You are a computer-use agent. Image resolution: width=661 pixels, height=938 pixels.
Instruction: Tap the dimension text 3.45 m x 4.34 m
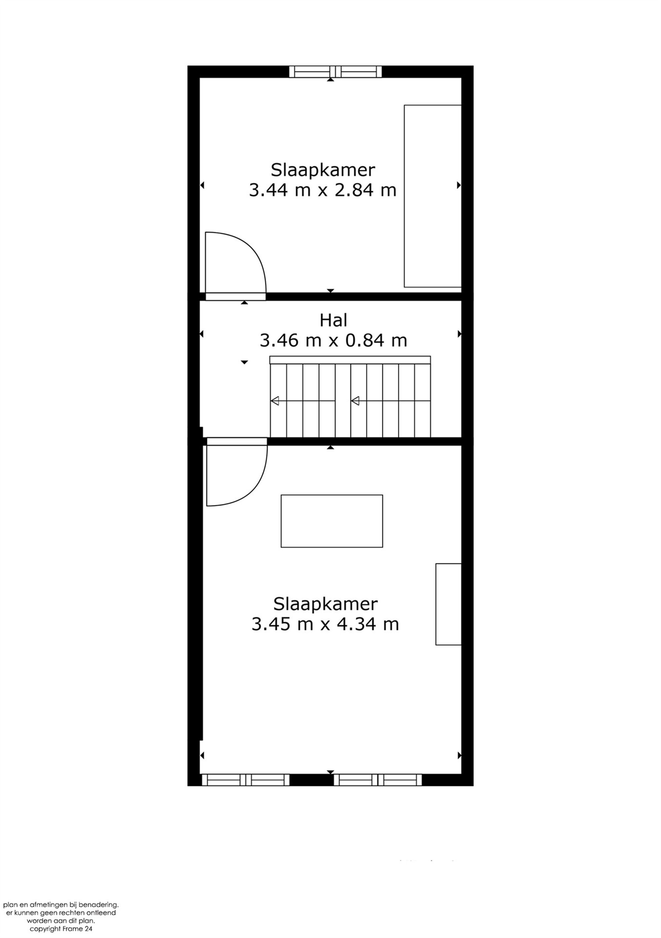325,624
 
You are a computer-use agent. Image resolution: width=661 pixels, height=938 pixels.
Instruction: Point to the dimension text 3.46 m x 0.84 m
333,340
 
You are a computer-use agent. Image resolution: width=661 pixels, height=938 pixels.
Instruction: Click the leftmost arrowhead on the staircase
275,401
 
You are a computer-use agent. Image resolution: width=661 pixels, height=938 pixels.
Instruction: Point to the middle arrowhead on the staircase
355,401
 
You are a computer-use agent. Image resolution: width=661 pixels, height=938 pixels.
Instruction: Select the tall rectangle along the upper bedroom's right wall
432,196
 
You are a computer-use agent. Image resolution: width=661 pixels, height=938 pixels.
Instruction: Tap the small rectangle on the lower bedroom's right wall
448,604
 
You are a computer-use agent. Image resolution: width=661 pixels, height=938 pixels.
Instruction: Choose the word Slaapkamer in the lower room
325,604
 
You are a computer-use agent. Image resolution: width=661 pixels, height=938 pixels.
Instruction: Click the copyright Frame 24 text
61,929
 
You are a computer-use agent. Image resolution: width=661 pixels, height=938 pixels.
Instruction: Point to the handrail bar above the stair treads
350,360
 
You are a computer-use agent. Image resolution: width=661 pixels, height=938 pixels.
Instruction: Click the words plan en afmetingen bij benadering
61,905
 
